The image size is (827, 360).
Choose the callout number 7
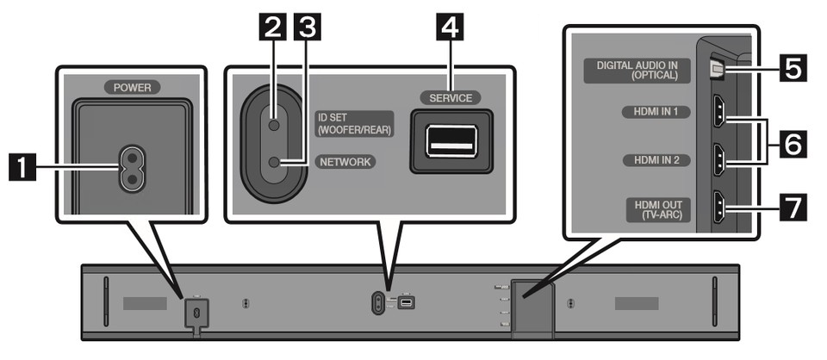(x=793, y=208)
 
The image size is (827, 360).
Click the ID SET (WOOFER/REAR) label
(x=353, y=124)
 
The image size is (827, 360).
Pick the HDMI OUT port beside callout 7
(x=718, y=208)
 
